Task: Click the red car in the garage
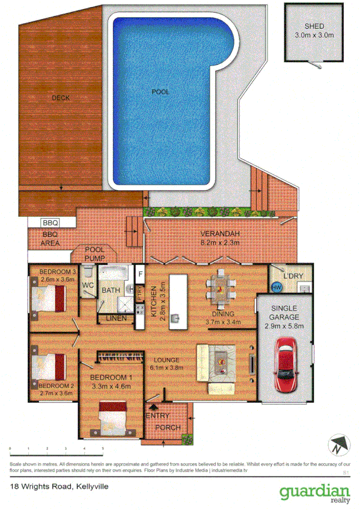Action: pos(285,364)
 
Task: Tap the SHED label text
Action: pos(314,26)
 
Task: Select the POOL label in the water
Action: pos(160,92)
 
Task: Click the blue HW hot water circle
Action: pos(277,287)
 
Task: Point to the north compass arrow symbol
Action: pos(338,445)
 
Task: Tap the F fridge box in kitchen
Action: pos(141,274)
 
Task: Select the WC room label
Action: pos(87,284)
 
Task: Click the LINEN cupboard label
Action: pos(116,318)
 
